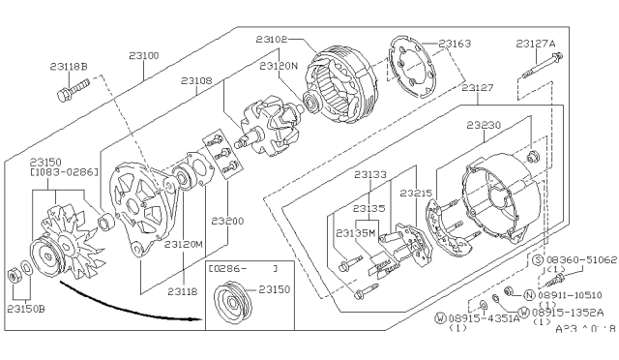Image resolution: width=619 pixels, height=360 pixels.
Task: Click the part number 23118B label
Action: click(x=68, y=67)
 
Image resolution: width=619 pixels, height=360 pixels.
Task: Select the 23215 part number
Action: click(x=417, y=194)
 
